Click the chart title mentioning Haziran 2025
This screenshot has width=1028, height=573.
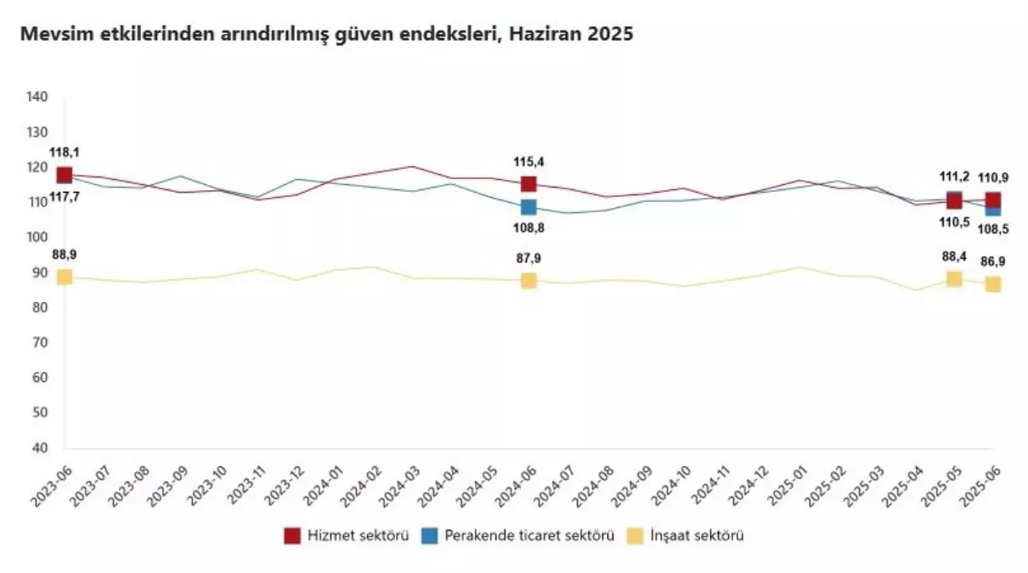(x=326, y=35)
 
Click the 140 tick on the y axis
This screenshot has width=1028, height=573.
(x=37, y=97)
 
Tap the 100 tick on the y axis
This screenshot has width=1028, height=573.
(x=37, y=237)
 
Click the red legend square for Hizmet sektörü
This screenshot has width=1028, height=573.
(x=292, y=536)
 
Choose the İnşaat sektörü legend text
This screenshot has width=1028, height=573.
(x=696, y=536)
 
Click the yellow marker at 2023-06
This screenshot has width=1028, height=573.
(x=65, y=277)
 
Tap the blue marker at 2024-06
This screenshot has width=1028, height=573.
(x=528, y=207)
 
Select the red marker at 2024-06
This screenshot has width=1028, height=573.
(x=528, y=183)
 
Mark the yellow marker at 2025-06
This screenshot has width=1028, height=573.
(x=992, y=284)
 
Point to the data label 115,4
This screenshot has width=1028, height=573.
(x=528, y=160)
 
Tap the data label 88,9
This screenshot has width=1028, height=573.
(x=65, y=254)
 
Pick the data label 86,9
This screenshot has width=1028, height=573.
(x=992, y=261)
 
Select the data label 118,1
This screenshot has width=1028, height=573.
(x=65, y=152)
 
